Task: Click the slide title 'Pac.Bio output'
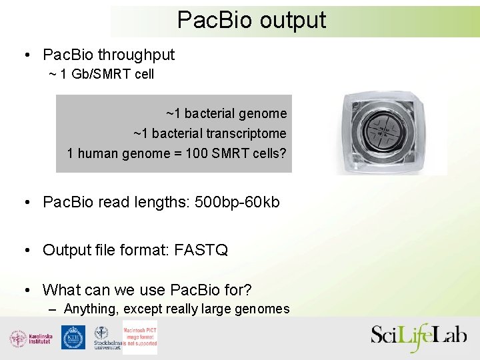[x=251, y=20]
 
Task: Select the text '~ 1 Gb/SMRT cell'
[x=101, y=74]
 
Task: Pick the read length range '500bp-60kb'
[x=237, y=202]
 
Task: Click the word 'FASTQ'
[x=201, y=250]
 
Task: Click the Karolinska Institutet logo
[x=31, y=338]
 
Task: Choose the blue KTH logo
[x=73, y=337]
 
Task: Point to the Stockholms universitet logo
[x=106, y=338]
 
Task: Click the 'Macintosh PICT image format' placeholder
[x=140, y=337]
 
